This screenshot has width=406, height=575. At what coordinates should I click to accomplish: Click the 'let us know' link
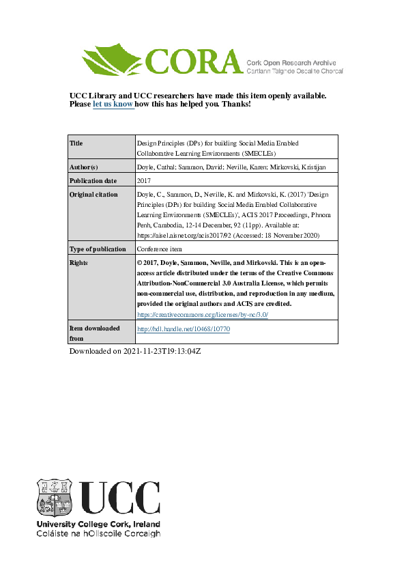[113, 104]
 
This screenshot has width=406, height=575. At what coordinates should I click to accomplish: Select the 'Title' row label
[76, 143]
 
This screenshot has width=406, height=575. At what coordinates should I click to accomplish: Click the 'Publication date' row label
[93, 181]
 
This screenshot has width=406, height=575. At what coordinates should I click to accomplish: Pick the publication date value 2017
[144, 181]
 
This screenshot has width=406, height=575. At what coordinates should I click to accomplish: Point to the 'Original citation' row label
[94, 195]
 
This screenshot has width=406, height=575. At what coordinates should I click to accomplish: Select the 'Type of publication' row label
[98, 249]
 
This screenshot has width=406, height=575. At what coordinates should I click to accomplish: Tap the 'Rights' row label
[79, 262]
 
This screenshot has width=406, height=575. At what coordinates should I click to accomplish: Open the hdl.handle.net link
[184, 328]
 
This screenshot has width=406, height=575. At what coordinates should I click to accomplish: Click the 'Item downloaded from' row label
[94, 333]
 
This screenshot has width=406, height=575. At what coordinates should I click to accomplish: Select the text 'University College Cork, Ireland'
[98, 524]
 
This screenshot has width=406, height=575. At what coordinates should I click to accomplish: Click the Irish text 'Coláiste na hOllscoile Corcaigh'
[98, 533]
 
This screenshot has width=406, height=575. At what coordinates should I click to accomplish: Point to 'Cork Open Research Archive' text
[294, 62]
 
